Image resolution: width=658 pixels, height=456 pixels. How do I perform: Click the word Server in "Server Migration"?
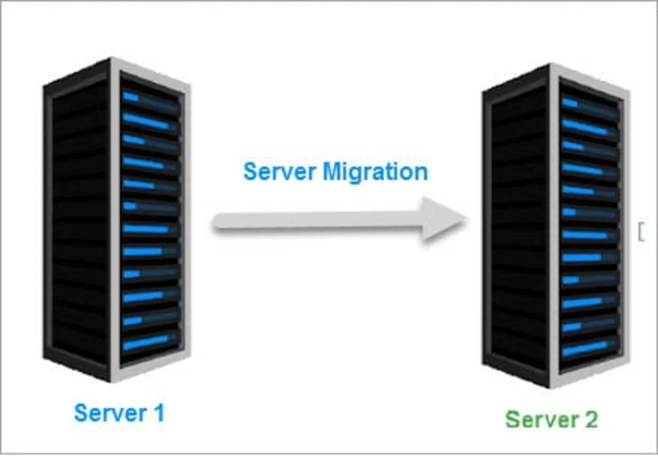tap(280, 172)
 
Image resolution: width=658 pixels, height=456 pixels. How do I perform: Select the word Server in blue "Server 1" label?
tap(107, 413)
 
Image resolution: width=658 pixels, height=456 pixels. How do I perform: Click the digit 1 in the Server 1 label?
tap(158, 413)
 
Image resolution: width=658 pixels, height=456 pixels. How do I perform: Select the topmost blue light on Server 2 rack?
tap(570, 103)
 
